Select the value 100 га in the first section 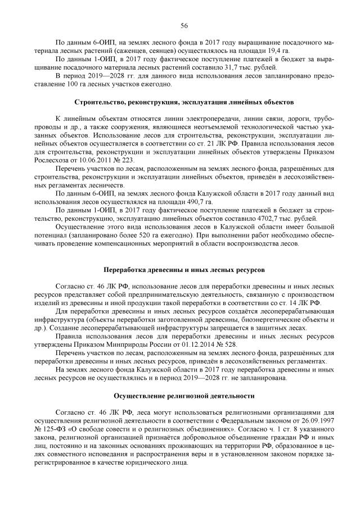point(114,84)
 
